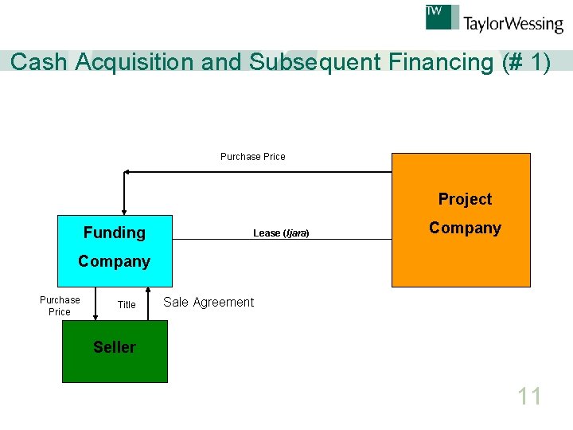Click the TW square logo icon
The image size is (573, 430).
442,17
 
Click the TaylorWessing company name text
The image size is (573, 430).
513,24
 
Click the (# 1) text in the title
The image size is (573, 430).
526,62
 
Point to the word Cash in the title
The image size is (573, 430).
40,62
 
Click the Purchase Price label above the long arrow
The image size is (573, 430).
252,157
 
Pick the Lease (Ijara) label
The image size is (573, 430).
281,233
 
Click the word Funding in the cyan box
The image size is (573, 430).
115,233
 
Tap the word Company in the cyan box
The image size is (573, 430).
115,261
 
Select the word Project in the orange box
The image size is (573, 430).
465,199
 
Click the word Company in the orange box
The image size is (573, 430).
465,228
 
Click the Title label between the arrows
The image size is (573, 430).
127,305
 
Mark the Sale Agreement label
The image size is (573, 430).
209,302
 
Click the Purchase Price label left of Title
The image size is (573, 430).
60,306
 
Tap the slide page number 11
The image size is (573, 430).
529,396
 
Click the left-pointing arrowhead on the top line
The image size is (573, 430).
127,171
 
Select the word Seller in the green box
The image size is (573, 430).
115,347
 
